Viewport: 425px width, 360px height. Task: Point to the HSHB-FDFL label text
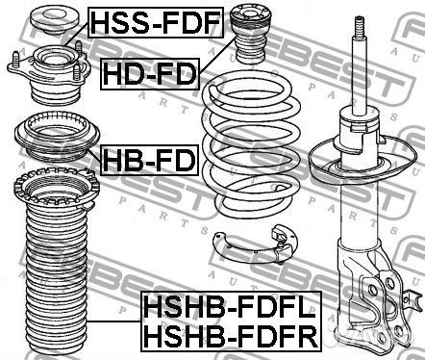click(230, 311)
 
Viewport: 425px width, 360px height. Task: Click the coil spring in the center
click(251, 144)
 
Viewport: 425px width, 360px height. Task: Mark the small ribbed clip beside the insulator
click(287, 240)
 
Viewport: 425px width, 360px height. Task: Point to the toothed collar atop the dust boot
click(52, 193)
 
